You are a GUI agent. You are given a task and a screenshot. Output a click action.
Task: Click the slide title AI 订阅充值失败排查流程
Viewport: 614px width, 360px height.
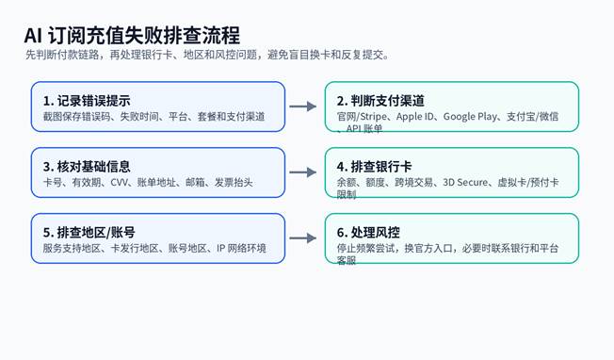[x=132, y=35]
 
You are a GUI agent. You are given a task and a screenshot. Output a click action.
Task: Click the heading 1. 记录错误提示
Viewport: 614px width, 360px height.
[x=87, y=101]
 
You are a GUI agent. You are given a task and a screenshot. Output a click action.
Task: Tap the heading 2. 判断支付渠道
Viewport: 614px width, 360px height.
[x=380, y=101]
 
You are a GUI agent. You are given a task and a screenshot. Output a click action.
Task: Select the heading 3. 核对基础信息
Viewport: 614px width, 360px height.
[x=87, y=167]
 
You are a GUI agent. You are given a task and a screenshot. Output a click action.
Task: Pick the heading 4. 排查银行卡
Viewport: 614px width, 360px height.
[x=375, y=167]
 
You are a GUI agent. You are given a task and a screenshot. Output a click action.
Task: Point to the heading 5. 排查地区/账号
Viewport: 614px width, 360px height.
[x=89, y=232]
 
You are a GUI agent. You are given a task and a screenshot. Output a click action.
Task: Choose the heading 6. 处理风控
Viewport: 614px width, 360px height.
[x=368, y=232]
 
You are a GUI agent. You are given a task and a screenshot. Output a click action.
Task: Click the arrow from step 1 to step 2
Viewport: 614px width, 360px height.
[x=302, y=106]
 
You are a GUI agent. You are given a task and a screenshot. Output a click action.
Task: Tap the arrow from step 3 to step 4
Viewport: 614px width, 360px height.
[x=302, y=172]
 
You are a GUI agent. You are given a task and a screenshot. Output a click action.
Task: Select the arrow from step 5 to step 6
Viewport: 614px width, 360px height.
[x=302, y=237]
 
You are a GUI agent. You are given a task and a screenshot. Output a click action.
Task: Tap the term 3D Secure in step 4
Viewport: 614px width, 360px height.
[x=465, y=182]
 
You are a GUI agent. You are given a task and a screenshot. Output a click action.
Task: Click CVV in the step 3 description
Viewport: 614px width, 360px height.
[x=119, y=182]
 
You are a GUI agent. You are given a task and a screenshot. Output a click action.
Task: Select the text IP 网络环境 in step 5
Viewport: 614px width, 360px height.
[x=241, y=248]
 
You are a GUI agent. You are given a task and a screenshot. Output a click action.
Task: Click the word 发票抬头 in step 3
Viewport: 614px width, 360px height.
[x=234, y=182]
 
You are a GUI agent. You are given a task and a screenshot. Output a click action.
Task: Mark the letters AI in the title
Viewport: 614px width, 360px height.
[x=33, y=36]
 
